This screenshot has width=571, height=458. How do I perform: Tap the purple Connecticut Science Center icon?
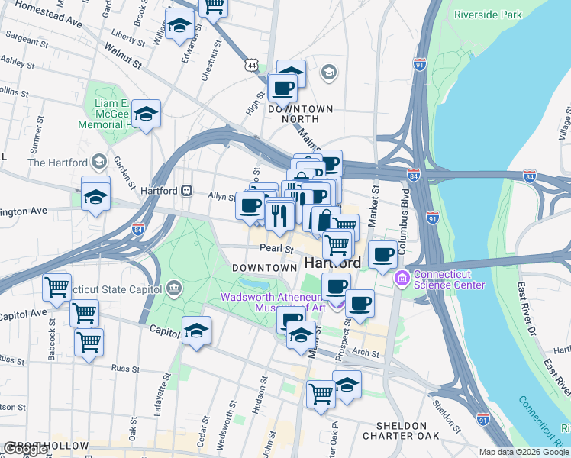(x=401, y=280)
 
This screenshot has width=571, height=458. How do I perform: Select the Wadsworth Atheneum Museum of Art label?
(x=273, y=302)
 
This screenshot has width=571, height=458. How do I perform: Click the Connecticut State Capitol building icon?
(x=173, y=289)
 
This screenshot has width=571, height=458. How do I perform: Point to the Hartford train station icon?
(x=186, y=190)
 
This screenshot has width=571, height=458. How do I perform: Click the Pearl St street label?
(x=276, y=249)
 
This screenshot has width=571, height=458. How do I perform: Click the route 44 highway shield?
(x=251, y=66)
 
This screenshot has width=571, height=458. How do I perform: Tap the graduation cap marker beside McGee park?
(x=146, y=114)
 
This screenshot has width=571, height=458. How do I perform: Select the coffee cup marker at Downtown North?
(x=282, y=88)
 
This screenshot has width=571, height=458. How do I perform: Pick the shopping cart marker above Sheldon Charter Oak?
(x=321, y=393)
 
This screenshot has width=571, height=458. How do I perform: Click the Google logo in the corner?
(x=26, y=449)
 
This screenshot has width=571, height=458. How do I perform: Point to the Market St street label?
(x=374, y=205)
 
